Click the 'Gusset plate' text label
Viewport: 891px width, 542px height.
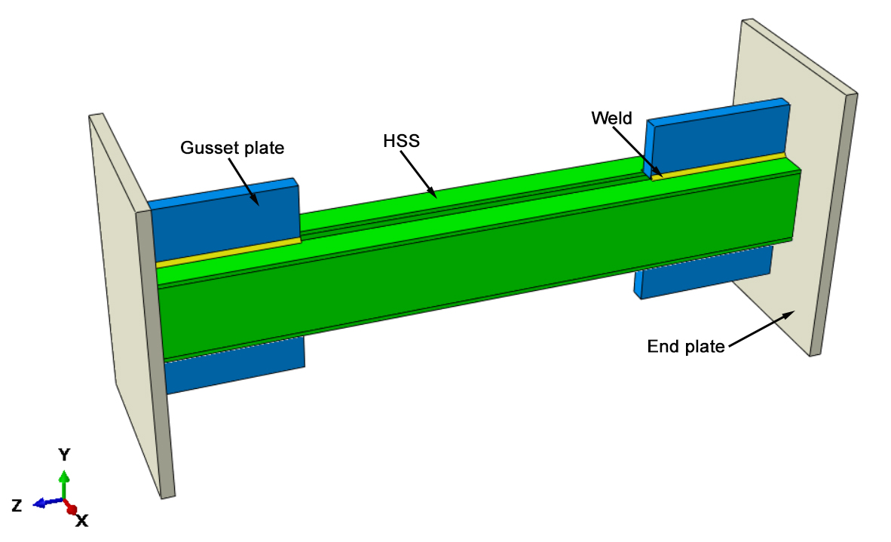[x=232, y=149]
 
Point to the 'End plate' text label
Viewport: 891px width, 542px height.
[x=686, y=347]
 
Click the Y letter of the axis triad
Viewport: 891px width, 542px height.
[x=65, y=454]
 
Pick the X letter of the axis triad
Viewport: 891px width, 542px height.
[x=82, y=520]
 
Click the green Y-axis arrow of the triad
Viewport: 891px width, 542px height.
[x=65, y=482]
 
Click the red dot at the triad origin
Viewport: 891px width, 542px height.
[x=71, y=509]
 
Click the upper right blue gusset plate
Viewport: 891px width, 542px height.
[x=716, y=139]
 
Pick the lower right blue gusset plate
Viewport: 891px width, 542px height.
[x=705, y=271]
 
